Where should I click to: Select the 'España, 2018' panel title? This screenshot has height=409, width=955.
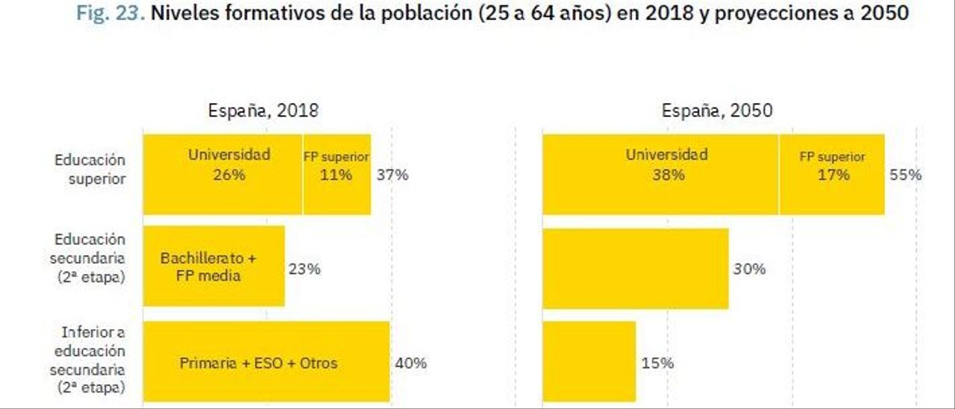click(x=263, y=111)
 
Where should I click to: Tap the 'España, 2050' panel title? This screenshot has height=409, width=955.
click(x=717, y=111)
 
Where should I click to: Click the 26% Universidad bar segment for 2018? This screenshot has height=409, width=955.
click(x=223, y=175)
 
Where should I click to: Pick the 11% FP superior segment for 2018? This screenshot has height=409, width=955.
click(x=336, y=175)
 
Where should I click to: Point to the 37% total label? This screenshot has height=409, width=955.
click(x=392, y=175)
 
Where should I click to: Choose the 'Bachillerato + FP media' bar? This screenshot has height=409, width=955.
click(x=213, y=267)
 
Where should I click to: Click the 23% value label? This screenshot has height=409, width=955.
click(x=304, y=269)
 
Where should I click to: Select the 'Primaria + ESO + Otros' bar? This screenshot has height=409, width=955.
click(x=266, y=363)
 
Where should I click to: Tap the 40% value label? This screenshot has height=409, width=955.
click(x=410, y=363)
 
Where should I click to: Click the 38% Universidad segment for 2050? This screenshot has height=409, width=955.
click(x=660, y=175)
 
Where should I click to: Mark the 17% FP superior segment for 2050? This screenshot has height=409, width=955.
click(x=832, y=175)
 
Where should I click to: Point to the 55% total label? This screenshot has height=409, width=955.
click(x=905, y=175)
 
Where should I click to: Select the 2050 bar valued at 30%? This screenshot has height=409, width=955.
click(x=635, y=269)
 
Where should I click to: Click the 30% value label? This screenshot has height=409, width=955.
click(x=749, y=269)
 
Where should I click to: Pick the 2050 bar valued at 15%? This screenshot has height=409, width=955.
click(x=589, y=362)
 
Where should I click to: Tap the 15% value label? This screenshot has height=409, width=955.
click(x=657, y=363)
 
